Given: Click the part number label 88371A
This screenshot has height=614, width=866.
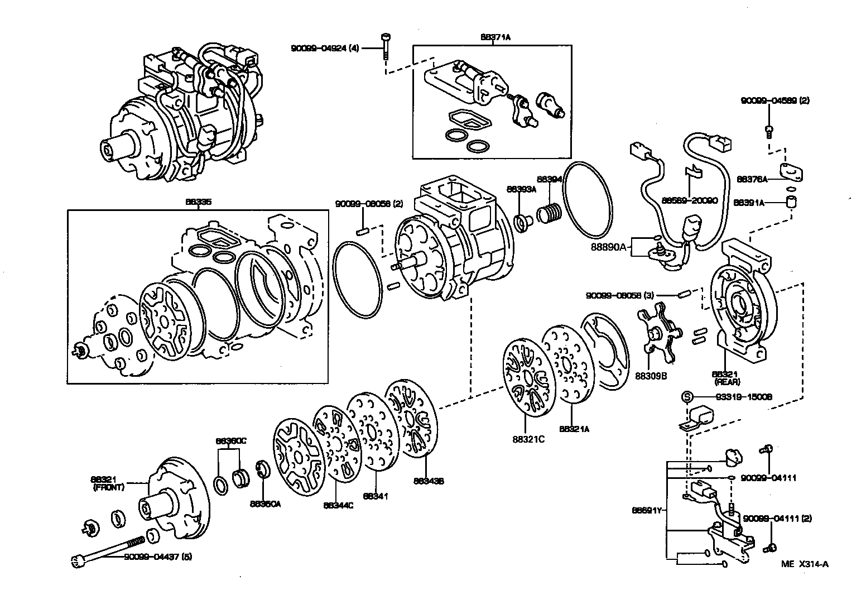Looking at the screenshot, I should [495, 37].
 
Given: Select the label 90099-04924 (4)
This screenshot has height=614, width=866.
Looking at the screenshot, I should [325, 49].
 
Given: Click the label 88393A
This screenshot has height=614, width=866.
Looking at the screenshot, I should [521, 189].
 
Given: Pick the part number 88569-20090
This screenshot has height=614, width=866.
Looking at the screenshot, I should [690, 200].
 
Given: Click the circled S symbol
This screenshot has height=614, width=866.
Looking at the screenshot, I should [687, 397].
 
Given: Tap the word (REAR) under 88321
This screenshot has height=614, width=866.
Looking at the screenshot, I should [727, 382].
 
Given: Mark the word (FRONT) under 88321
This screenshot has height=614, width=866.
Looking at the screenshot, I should [109, 487].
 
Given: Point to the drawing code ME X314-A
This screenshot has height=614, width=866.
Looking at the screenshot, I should [805, 564].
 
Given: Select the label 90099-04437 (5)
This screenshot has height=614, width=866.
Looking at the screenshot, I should [158, 557].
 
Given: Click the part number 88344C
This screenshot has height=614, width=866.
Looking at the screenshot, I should [338, 506].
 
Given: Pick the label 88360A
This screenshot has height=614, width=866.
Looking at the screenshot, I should [265, 503].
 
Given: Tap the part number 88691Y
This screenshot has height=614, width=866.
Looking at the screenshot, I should [647, 510].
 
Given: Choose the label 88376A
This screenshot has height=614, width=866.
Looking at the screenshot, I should [752, 179].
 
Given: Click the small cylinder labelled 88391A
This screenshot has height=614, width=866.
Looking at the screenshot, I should [791, 202].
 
